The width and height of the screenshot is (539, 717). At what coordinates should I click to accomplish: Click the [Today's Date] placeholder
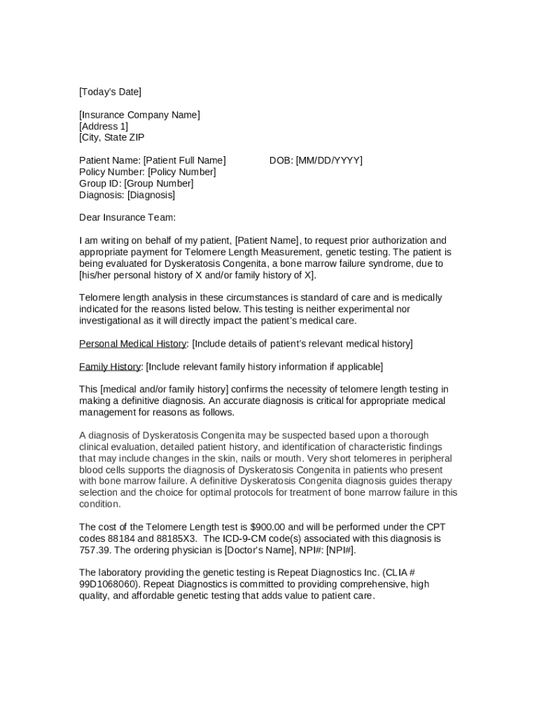click(110, 92)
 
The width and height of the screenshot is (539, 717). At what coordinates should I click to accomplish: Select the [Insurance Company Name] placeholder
click(139, 115)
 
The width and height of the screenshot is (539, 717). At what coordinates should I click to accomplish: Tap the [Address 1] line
click(104, 126)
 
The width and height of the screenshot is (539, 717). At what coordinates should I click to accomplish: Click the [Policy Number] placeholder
click(181, 172)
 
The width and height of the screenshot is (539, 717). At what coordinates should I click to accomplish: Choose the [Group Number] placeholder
click(159, 183)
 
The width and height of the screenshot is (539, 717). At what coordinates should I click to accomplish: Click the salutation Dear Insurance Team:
click(127, 217)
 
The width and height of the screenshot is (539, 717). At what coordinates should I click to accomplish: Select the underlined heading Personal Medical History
click(133, 344)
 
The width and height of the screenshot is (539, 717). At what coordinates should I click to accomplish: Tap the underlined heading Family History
click(110, 367)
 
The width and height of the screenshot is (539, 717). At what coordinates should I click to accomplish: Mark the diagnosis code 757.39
click(94, 550)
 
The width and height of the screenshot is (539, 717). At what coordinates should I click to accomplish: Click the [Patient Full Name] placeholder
click(185, 160)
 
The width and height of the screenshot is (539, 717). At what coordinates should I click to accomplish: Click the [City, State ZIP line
click(112, 137)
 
